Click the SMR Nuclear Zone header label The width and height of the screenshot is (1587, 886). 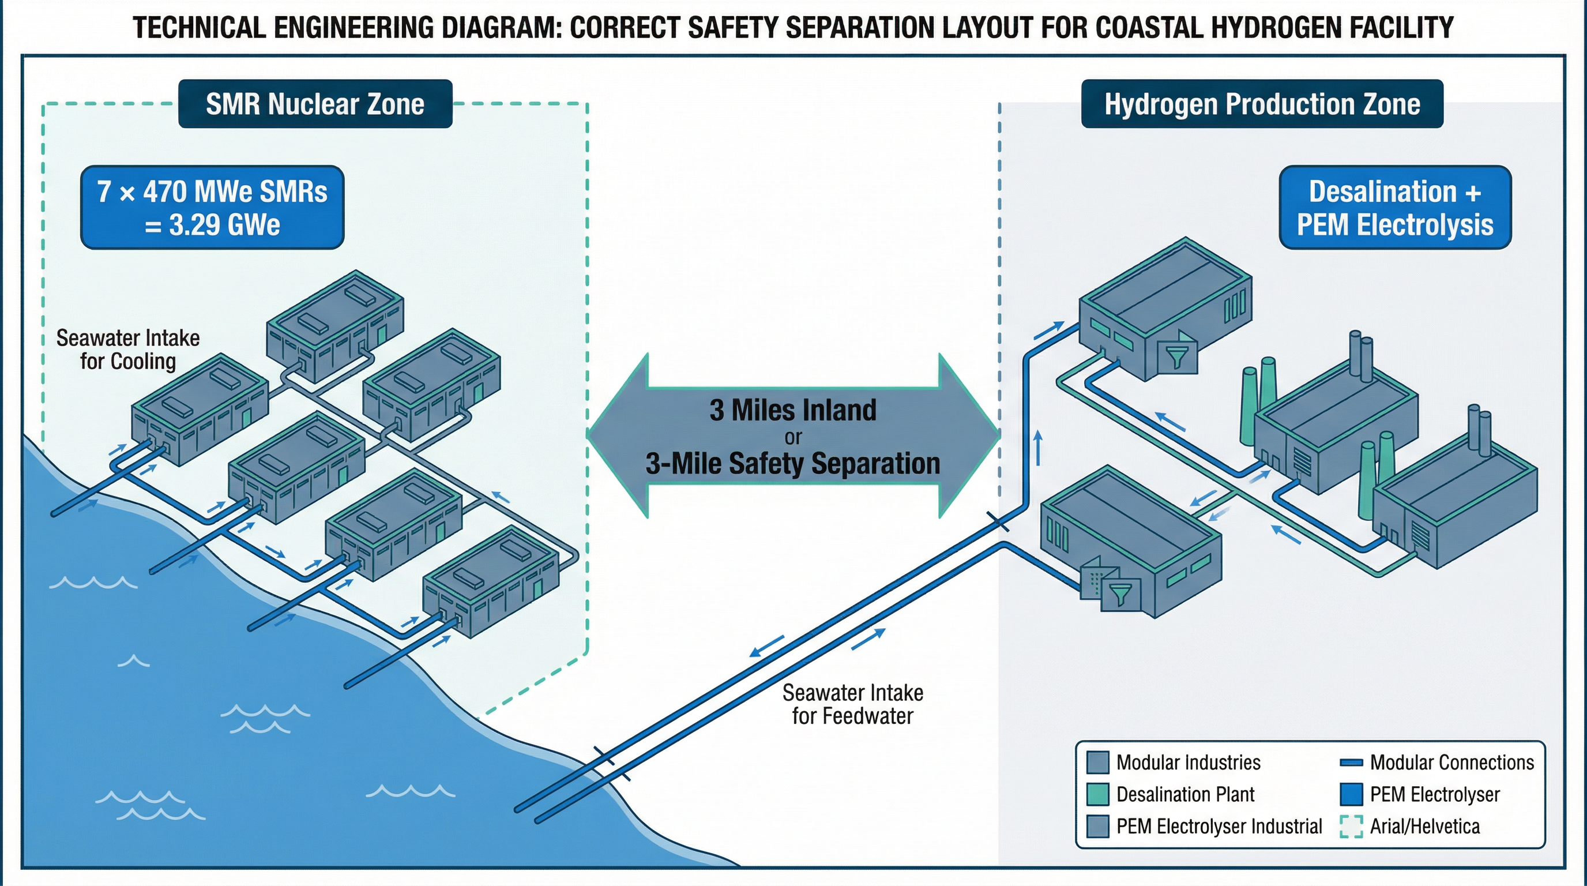tap(315, 104)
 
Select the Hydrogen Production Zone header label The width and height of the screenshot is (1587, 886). tap(1262, 104)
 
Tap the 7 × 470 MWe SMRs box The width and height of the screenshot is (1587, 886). tap(212, 208)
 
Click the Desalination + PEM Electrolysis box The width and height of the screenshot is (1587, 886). tap(1395, 208)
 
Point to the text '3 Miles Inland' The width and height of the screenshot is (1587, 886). tap(792, 410)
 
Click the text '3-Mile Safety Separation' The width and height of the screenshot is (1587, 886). tap(792, 463)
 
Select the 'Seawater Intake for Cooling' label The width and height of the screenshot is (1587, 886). tap(127, 350)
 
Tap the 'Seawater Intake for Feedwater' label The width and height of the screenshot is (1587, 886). tap(853, 704)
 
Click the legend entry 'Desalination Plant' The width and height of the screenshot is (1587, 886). tap(1184, 794)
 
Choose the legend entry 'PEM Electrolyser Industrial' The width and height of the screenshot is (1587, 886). tap(1219, 826)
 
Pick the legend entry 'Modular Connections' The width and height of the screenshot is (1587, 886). tap(1451, 762)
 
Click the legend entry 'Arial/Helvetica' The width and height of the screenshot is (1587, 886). tap(1424, 826)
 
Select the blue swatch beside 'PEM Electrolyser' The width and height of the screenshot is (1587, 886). tap(1351, 794)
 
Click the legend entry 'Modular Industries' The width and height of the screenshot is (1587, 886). tap(1188, 762)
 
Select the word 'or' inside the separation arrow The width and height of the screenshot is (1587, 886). tap(792, 437)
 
